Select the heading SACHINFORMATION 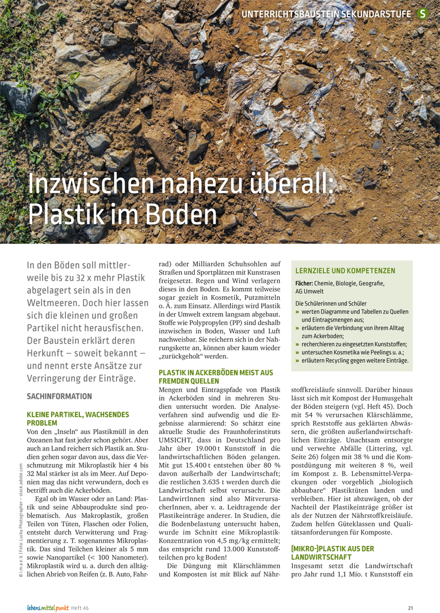pos(59,397)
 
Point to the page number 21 pos(410,608)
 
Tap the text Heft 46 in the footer pos(80,608)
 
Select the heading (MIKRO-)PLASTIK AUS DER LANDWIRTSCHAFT pos(333,552)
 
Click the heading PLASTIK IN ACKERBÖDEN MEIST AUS pos(216,373)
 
